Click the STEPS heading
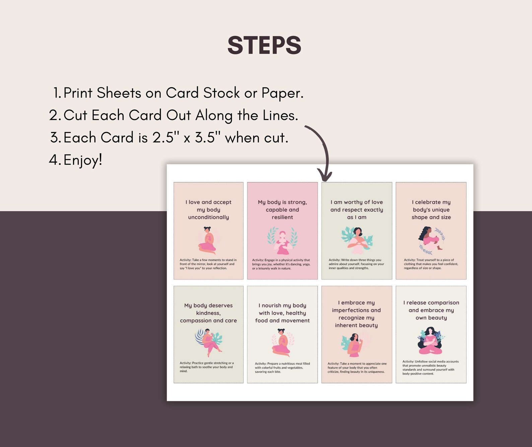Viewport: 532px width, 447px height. click(264, 45)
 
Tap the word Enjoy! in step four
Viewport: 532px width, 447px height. click(83, 160)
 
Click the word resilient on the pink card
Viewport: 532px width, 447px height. click(282, 217)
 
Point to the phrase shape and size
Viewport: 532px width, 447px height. click(431, 217)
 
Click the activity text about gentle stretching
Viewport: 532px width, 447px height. click(207, 367)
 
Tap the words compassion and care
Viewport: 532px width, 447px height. click(208, 320)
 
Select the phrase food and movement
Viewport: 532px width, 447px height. click(282, 320)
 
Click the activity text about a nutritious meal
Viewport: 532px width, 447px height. click(282, 368)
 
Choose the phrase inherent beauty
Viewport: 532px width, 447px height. click(356, 325)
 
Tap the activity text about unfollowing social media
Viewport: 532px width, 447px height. click(430, 368)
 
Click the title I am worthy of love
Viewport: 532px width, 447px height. click(356, 202)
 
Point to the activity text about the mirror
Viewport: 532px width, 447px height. click(208, 264)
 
